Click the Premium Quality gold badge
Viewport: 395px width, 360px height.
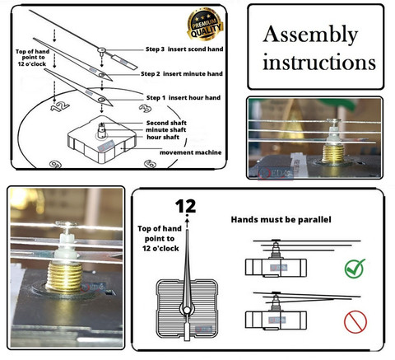click(205, 24)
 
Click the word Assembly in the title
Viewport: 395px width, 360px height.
click(310, 35)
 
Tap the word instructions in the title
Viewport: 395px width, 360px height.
click(319, 63)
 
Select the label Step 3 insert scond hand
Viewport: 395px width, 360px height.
click(184, 49)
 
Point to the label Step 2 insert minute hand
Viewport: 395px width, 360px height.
click(182, 74)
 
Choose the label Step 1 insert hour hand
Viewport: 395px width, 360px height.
click(184, 98)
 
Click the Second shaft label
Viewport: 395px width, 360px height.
click(166, 123)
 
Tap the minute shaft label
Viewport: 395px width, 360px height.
click(165, 130)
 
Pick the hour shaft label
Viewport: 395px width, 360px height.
click(163, 137)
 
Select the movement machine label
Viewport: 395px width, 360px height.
click(191, 152)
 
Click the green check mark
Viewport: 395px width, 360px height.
click(355, 269)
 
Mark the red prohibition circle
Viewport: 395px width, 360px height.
click(355, 322)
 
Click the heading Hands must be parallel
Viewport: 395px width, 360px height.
click(281, 220)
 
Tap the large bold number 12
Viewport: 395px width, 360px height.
click(185, 206)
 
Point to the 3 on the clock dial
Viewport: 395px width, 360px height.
click(145, 108)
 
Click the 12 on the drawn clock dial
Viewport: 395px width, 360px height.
click(60, 106)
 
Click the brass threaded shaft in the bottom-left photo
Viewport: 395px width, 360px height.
click(65, 276)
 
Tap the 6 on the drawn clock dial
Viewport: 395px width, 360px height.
click(151, 164)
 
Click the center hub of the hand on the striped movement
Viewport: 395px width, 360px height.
click(187, 311)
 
